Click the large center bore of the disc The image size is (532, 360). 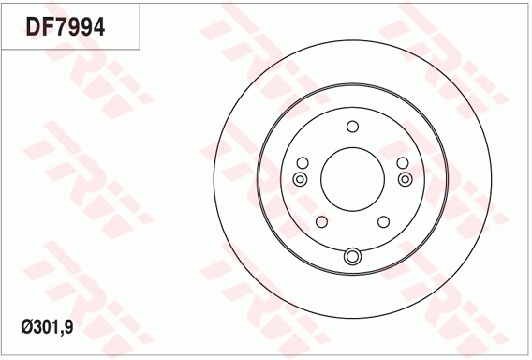tap(352, 179)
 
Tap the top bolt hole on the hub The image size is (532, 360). tap(352, 127)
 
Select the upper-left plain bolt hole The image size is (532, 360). tap(303, 163)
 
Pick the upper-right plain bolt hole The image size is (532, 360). tap(403, 163)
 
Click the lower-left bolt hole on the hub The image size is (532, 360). tap(321, 222)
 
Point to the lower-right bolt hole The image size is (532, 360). tap(383, 222)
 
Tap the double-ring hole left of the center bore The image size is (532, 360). tap(300, 179)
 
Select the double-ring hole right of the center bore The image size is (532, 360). tap(406, 179)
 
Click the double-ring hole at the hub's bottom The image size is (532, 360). tap(352, 256)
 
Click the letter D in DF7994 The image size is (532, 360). tap(34, 27)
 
